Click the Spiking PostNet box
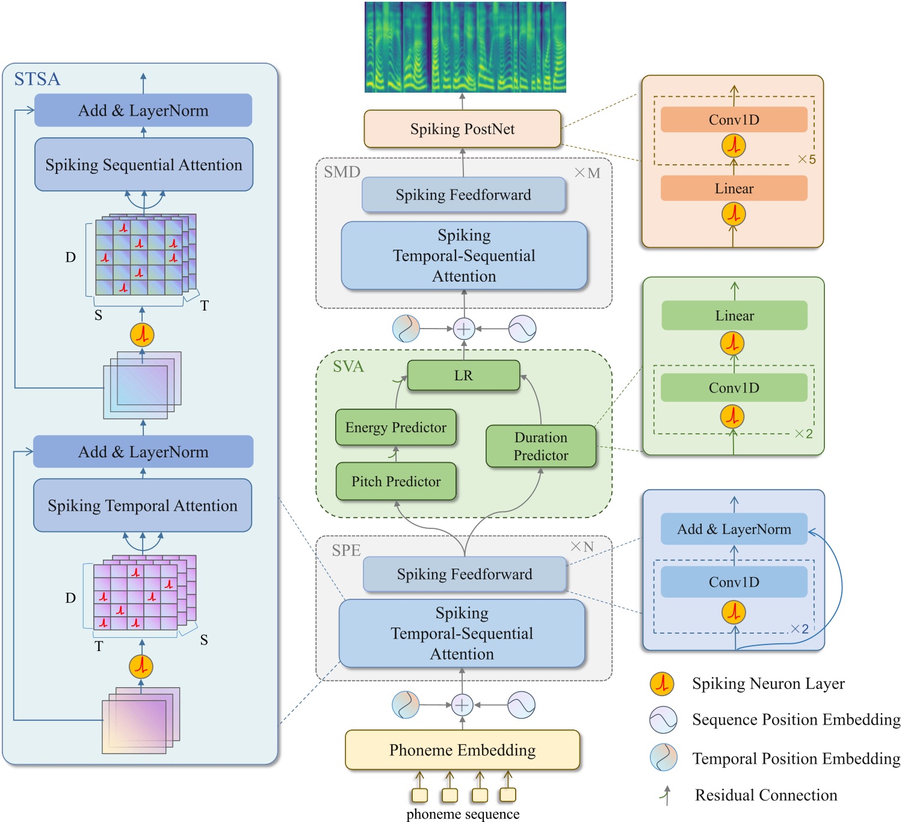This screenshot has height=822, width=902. click(462, 129)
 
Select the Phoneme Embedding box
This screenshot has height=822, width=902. click(462, 750)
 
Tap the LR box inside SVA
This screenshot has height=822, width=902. click(463, 375)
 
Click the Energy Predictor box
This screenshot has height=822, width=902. click(395, 427)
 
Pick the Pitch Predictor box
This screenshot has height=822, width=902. click(395, 481)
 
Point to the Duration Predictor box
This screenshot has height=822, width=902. click(540, 446)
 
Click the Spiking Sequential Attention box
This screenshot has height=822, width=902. click(144, 165)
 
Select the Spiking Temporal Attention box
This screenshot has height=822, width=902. click(143, 505)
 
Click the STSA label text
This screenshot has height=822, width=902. click(37, 79)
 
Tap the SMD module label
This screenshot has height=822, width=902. click(342, 172)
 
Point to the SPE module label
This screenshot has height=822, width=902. click(346, 550)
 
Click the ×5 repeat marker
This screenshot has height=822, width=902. click(806, 159)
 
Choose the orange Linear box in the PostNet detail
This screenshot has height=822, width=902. click(734, 188)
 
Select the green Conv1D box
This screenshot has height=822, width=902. click(734, 388)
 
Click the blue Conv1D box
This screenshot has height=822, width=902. click(734, 582)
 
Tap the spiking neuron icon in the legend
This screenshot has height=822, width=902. click(662, 684)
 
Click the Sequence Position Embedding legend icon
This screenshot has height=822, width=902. click(663, 720)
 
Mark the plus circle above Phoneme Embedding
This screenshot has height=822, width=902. click(462, 705)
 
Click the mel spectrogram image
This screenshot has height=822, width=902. click(465, 47)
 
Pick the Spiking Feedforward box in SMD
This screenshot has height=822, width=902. click(463, 195)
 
